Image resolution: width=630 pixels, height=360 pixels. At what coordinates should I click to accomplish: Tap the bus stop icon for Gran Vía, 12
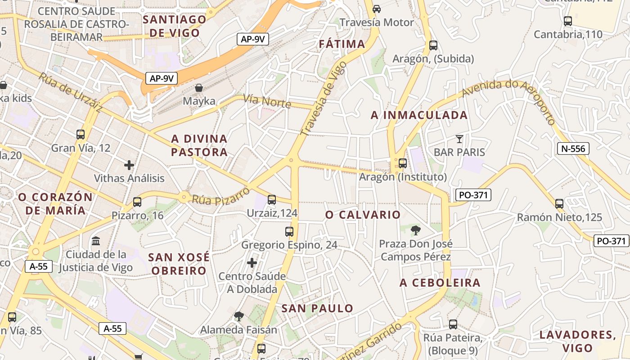click(81, 134)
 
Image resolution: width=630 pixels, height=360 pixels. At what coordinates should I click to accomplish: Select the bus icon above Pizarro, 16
click(137, 202)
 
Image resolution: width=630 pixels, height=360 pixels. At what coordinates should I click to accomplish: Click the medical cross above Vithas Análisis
click(129, 165)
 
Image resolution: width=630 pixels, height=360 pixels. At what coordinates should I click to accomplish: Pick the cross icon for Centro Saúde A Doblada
click(252, 262)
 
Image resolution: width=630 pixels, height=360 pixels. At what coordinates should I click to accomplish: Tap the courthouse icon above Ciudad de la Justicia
click(96, 241)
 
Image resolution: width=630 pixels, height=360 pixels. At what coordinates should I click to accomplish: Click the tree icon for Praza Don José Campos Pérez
click(416, 230)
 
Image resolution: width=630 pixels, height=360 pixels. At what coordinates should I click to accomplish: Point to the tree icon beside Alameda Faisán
click(239, 316)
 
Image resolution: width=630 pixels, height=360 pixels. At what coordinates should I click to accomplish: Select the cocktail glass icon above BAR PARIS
click(459, 139)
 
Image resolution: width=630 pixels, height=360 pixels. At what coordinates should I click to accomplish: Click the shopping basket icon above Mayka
click(199, 88)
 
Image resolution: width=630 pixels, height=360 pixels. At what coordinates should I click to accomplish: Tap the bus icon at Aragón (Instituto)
click(402, 163)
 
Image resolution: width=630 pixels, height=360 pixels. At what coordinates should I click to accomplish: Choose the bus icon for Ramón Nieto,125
click(559, 204)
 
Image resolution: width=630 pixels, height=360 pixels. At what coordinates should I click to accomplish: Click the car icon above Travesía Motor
click(377, 9)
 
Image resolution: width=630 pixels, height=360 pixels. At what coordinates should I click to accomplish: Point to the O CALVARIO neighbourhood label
click(363, 215)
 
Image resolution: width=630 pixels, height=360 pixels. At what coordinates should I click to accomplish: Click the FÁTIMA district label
click(342, 44)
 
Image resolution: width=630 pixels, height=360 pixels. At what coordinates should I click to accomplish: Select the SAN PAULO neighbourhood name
click(317, 308)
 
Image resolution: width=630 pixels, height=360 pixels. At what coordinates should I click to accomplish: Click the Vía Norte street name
click(267, 101)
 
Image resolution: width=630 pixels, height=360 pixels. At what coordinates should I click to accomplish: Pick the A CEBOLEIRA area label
click(440, 283)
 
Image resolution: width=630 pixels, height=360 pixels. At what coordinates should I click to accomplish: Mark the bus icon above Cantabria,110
click(568, 21)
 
